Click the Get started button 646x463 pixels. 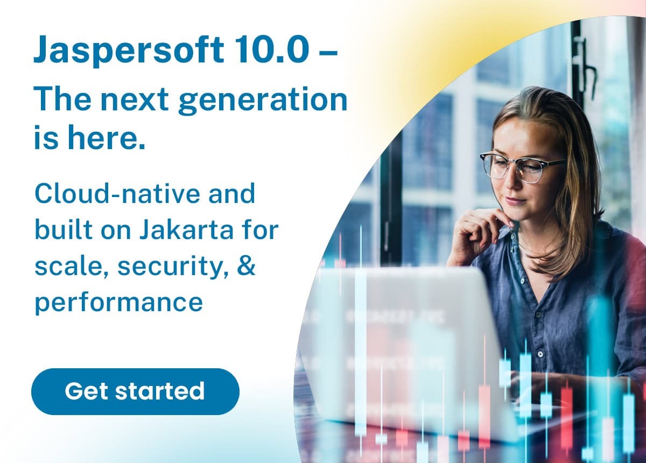[x=135, y=391]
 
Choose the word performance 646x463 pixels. [x=118, y=303]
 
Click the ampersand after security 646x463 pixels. [x=246, y=266]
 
